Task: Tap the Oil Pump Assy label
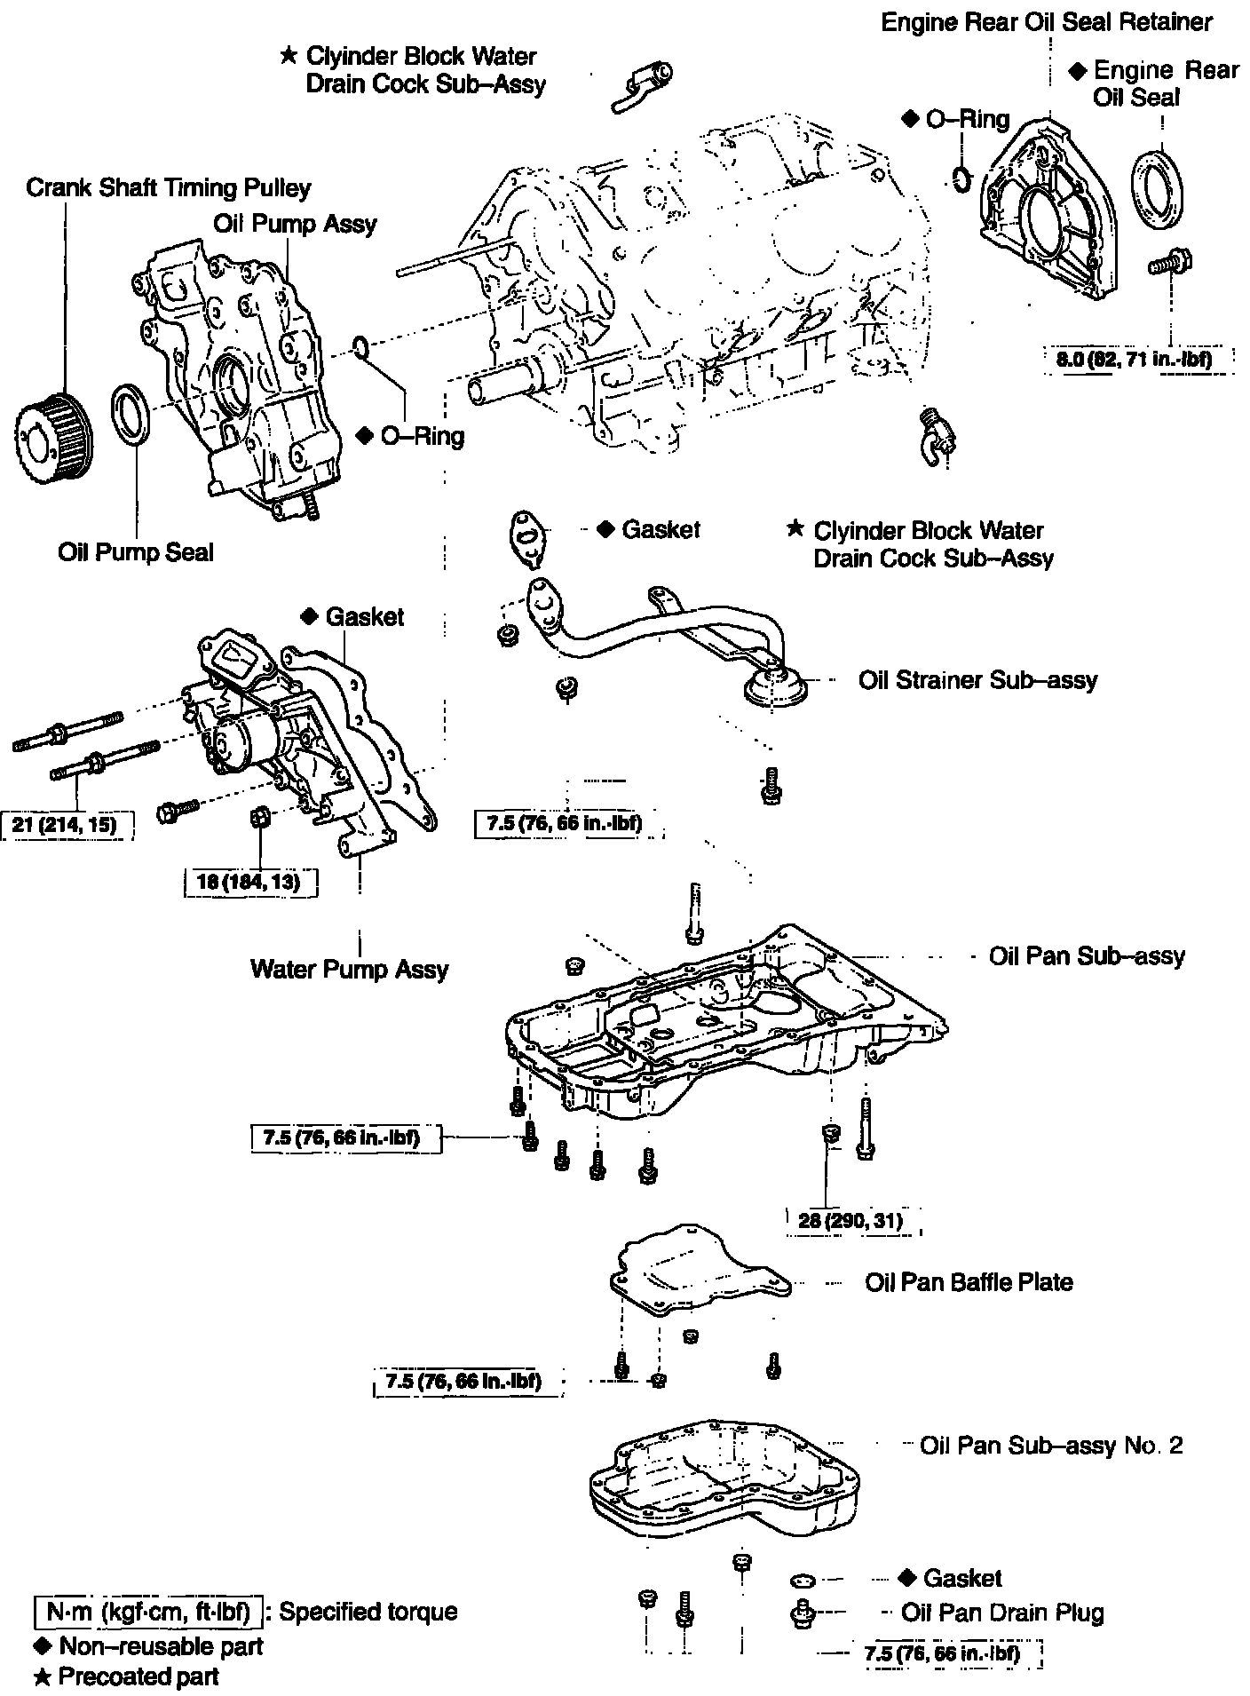pyautogui.click(x=295, y=223)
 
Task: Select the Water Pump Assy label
pyautogui.click(x=349, y=968)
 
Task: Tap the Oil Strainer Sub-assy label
pyautogui.click(x=977, y=680)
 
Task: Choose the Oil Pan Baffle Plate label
pyautogui.click(x=969, y=1282)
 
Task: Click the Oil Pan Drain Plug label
pyautogui.click(x=1002, y=1613)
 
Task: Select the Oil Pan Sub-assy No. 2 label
pyautogui.click(x=1051, y=1446)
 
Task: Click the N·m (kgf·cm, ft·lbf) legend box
pyautogui.click(x=148, y=1611)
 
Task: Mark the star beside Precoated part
pyautogui.click(x=41, y=1676)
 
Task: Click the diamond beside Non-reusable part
pyautogui.click(x=41, y=1645)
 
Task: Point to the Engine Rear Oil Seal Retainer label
pyautogui.click(x=1047, y=22)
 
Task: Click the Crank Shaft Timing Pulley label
pyautogui.click(x=169, y=188)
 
